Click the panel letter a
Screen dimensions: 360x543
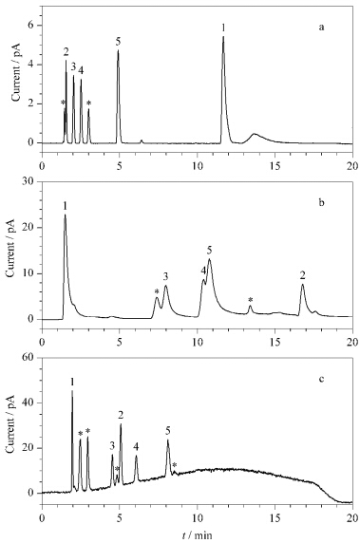pyautogui.click(x=322, y=28)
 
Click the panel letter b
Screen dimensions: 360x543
pyautogui.click(x=321, y=202)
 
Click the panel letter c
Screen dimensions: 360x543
pyautogui.click(x=321, y=379)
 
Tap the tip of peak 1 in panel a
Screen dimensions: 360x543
pyautogui.click(x=223, y=36)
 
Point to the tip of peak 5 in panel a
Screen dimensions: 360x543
pyautogui.click(x=118, y=50)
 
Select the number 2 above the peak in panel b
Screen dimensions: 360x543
pyautogui.click(x=302, y=275)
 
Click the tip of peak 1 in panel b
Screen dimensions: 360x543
pyautogui.click(x=65, y=215)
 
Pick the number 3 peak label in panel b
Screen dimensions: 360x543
pyautogui.click(x=165, y=276)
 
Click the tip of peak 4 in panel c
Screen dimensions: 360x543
pyautogui.click(x=136, y=456)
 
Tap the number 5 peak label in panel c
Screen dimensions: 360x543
pyautogui.click(x=168, y=431)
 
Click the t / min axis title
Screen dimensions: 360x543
pyautogui.click(x=198, y=535)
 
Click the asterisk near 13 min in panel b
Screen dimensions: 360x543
pyautogui.click(x=251, y=300)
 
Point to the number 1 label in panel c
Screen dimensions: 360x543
pyautogui.click(x=72, y=382)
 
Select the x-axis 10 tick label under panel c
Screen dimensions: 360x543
pyautogui.click(x=198, y=515)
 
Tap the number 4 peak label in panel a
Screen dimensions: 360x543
pyautogui.click(x=81, y=71)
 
